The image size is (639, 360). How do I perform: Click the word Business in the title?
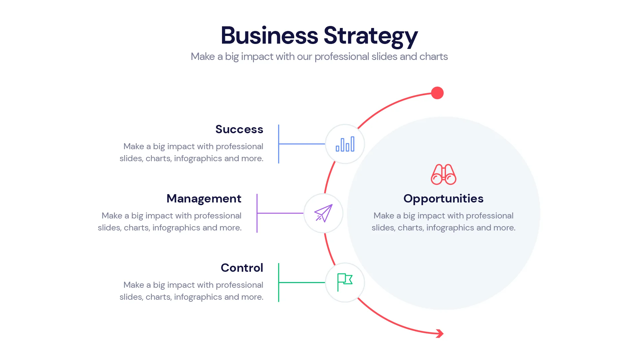269,35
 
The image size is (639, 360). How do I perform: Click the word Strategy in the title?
370,35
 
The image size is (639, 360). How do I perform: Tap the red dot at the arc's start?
437,93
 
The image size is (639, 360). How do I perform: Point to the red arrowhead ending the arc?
440,333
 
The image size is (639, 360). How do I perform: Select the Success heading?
239,129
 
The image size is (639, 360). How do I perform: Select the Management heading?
204,198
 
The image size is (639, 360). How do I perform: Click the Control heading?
242,268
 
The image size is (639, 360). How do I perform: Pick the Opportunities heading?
443,198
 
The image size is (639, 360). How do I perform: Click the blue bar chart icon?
345,144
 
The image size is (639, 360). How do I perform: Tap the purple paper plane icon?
323,213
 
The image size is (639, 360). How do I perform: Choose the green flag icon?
345,282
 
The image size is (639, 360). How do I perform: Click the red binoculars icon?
443,174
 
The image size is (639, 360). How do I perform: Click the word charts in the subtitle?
433,57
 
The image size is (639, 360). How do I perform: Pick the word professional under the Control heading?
239,285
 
